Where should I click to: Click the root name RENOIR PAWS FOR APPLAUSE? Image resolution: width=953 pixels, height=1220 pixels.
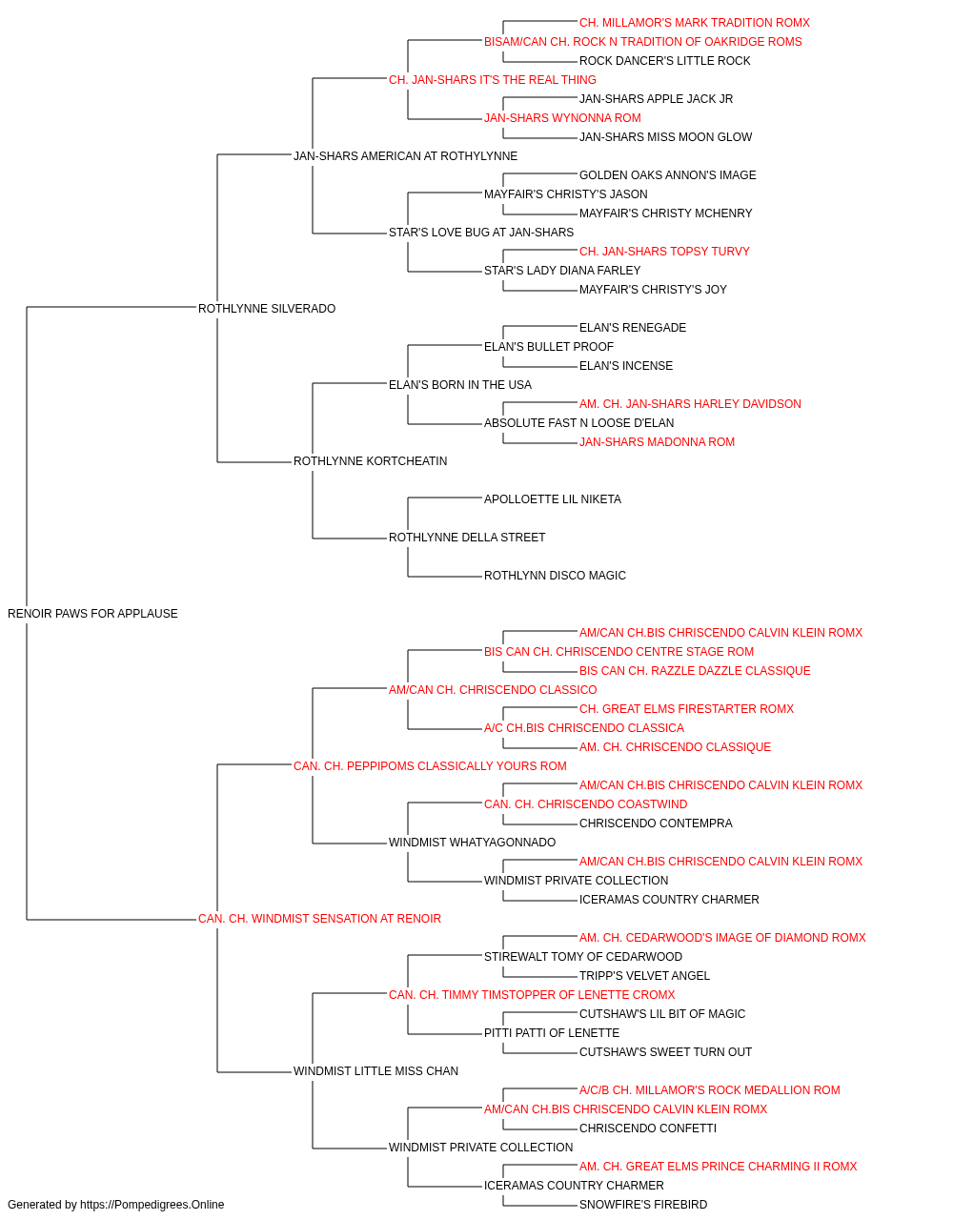pyautogui.click(x=92, y=614)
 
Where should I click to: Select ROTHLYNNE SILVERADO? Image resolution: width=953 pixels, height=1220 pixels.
pyautogui.click(x=267, y=308)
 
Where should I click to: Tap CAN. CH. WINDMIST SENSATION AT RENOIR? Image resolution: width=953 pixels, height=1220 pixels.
pyautogui.click(x=319, y=919)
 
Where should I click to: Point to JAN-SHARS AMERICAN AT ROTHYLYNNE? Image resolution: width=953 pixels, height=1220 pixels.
pyautogui.click(x=405, y=156)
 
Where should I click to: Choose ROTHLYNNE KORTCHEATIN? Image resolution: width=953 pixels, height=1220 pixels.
pyautogui.click(x=371, y=461)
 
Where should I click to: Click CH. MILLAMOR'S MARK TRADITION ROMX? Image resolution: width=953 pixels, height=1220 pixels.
pyautogui.click(x=695, y=23)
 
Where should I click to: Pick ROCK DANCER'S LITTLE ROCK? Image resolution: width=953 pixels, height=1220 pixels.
pyautogui.click(x=664, y=61)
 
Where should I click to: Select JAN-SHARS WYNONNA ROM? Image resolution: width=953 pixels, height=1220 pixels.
pyautogui.click(x=562, y=118)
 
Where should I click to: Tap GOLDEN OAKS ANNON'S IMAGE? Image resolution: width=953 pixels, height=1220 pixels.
pyautogui.click(x=667, y=175)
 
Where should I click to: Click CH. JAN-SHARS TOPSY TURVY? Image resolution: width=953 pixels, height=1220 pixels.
pyautogui.click(x=664, y=252)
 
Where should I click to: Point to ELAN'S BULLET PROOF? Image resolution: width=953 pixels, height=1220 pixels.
pyautogui.click(x=549, y=346)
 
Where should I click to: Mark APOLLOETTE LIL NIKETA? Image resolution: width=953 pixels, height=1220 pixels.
pyautogui.click(x=553, y=499)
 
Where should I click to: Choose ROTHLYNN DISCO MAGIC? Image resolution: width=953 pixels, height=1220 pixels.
pyautogui.click(x=555, y=576)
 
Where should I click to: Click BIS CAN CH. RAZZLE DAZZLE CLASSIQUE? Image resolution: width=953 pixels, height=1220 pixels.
pyautogui.click(x=695, y=671)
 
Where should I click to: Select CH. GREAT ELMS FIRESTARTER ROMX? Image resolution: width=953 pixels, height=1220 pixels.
pyautogui.click(x=686, y=709)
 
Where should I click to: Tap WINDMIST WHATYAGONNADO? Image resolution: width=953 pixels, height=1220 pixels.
pyautogui.click(x=472, y=843)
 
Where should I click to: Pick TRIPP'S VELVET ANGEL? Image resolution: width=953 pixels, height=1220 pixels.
pyautogui.click(x=644, y=976)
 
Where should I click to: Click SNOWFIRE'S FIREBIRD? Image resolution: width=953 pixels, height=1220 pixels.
pyautogui.click(x=643, y=1205)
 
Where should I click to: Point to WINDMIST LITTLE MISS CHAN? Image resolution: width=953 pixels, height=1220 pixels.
pyautogui.click(x=375, y=1071)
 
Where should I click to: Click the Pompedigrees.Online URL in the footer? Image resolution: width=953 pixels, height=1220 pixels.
pyautogui.click(x=152, y=1205)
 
